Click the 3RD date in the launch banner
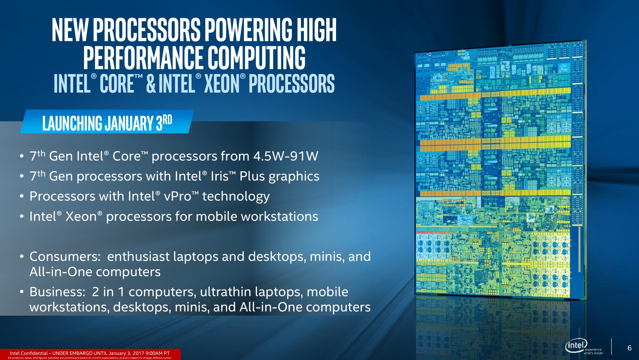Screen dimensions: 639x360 164,123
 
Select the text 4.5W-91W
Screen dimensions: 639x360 285,156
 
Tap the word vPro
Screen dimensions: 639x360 177,196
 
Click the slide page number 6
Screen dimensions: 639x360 629,348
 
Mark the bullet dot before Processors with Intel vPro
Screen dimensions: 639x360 22,196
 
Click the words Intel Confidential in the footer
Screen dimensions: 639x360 29,353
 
